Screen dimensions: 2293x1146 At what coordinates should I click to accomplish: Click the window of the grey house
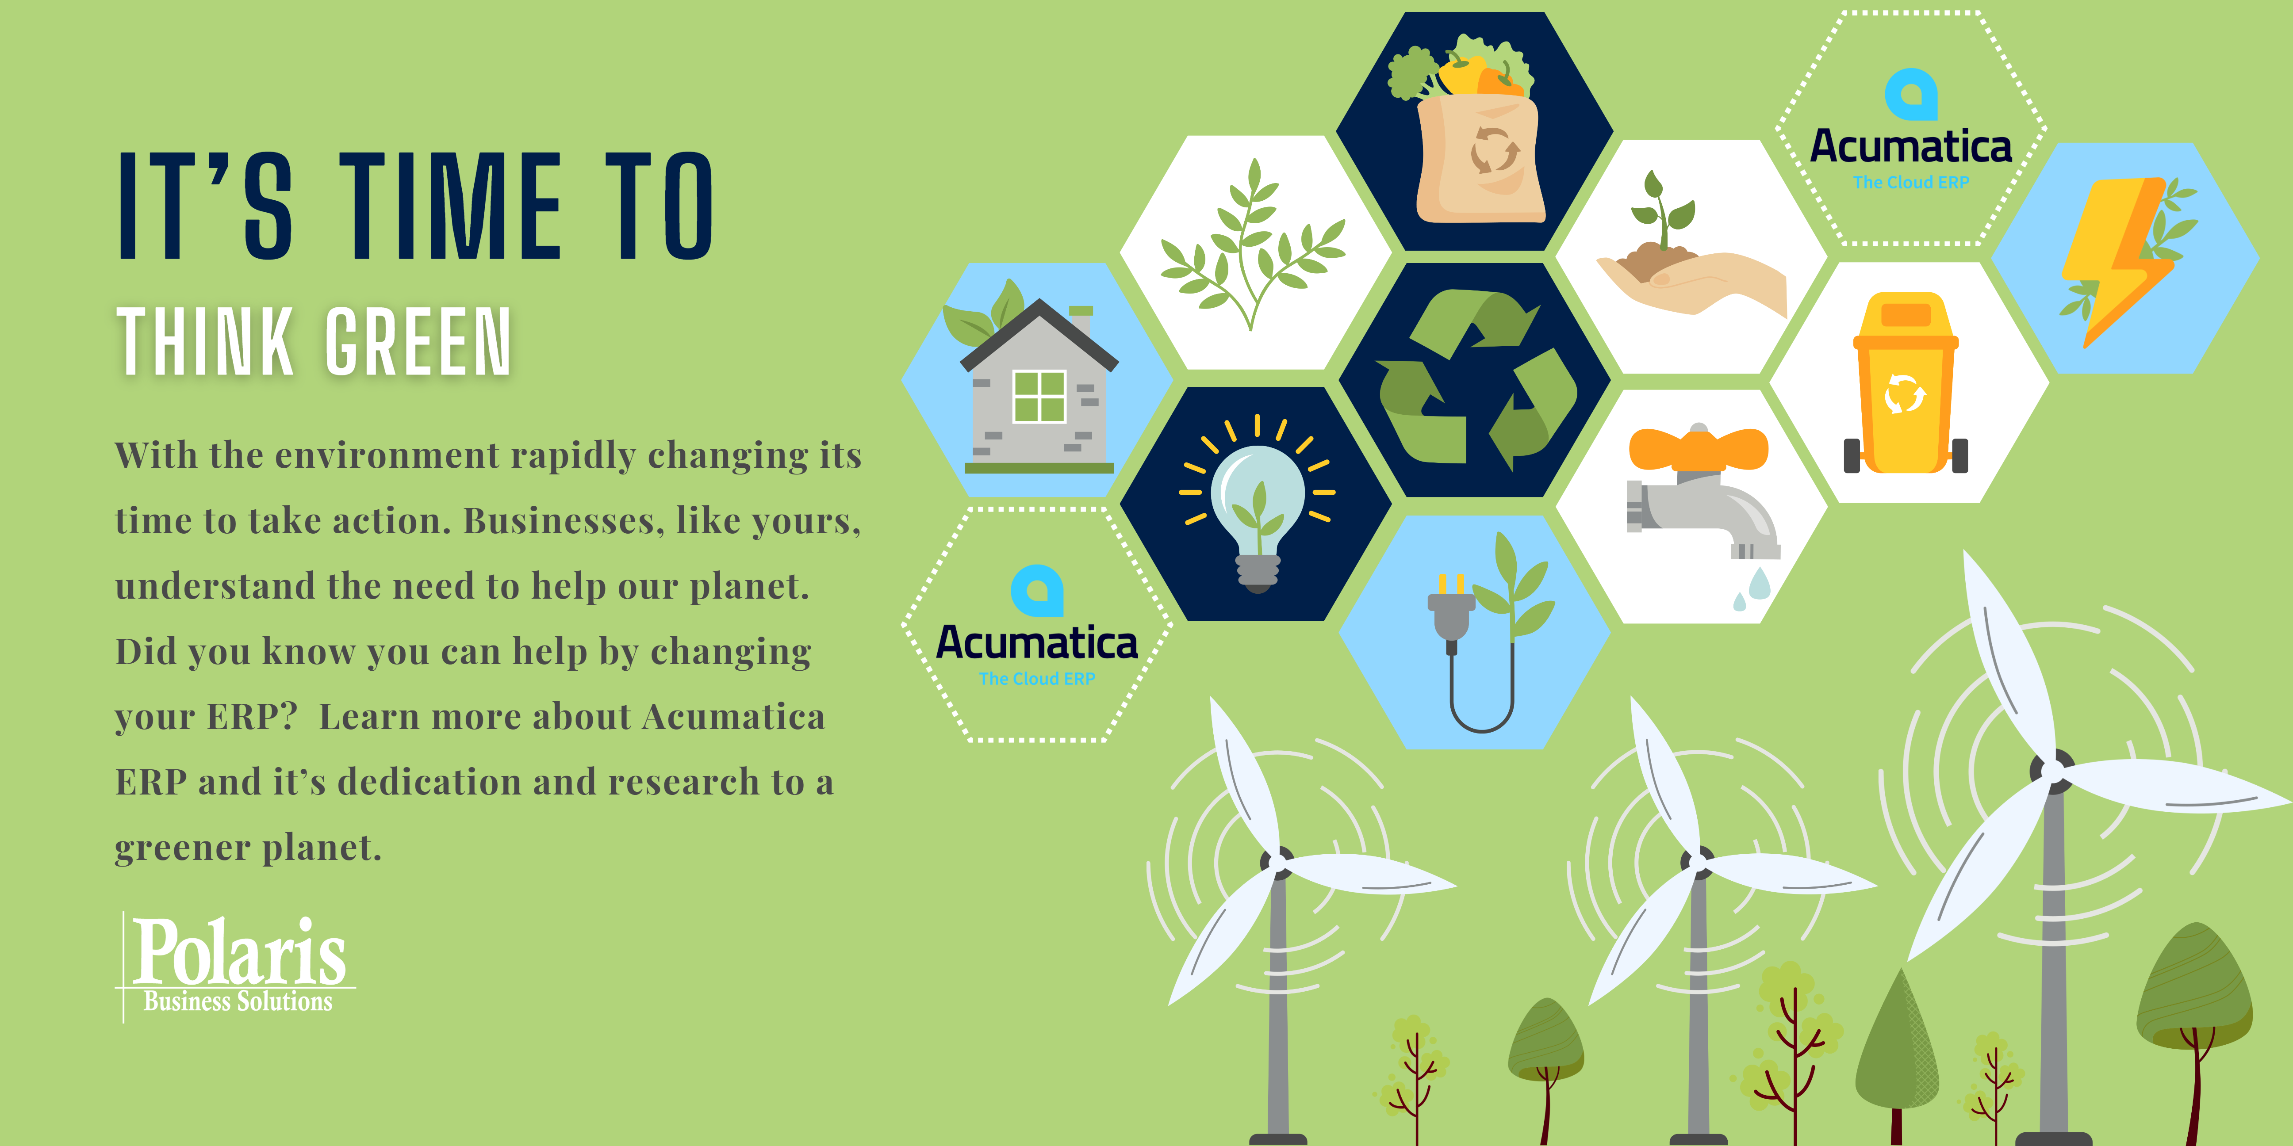coord(1040,396)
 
